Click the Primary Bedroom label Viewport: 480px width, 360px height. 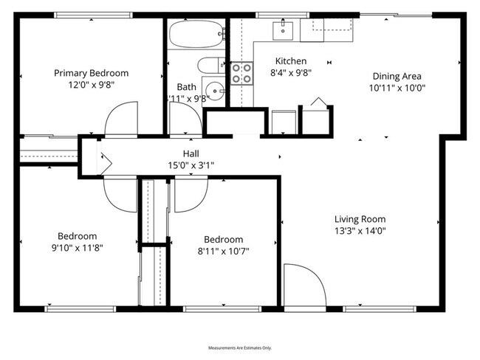coord(91,73)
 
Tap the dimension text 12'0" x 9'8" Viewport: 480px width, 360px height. coord(91,85)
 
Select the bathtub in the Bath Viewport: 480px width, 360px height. coord(196,34)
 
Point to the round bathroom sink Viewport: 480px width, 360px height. coord(213,91)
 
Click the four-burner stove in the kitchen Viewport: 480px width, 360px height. coord(241,73)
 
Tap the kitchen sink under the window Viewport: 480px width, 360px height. coord(284,30)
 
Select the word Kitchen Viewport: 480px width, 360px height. coord(291,61)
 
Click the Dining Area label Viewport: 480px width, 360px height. coord(397,76)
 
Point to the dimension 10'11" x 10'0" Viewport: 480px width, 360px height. coord(397,87)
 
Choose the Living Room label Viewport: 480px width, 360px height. coord(360,218)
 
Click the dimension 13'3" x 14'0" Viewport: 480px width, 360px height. coord(360,230)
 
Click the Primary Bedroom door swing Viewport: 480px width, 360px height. coord(121,120)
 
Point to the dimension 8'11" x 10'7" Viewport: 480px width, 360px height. coord(223,251)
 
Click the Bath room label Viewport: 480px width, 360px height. coord(186,86)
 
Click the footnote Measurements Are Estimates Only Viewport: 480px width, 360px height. coord(240,347)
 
